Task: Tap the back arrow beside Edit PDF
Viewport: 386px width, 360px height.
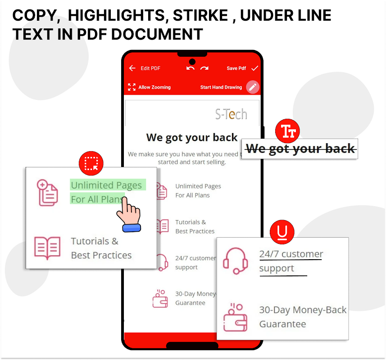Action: tap(132, 68)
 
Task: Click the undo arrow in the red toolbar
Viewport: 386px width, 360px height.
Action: tap(191, 68)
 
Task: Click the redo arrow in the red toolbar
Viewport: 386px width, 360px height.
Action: tap(204, 68)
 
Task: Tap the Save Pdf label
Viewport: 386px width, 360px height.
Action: tap(236, 68)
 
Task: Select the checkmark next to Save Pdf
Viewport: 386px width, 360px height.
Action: tap(254, 68)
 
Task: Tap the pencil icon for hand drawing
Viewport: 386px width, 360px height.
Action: tap(253, 87)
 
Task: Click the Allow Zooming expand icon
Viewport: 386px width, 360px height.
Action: tap(132, 87)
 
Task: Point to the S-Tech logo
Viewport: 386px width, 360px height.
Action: tap(231, 114)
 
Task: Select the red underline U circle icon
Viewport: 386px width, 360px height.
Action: tap(282, 232)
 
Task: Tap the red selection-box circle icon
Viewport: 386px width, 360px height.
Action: tap(91, 163)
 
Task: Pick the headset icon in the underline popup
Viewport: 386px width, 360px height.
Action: tap(236, 261)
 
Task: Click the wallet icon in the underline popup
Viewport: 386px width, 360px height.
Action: tap(236, 317)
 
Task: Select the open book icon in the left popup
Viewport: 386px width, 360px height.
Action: tap(47, 247)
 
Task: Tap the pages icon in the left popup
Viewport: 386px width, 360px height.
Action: tap(47, 192)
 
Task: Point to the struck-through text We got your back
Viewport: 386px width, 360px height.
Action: tap(300, 149)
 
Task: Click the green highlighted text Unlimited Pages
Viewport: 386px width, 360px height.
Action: tap(106, 185)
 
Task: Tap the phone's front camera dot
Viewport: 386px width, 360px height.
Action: tap(192, 62)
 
